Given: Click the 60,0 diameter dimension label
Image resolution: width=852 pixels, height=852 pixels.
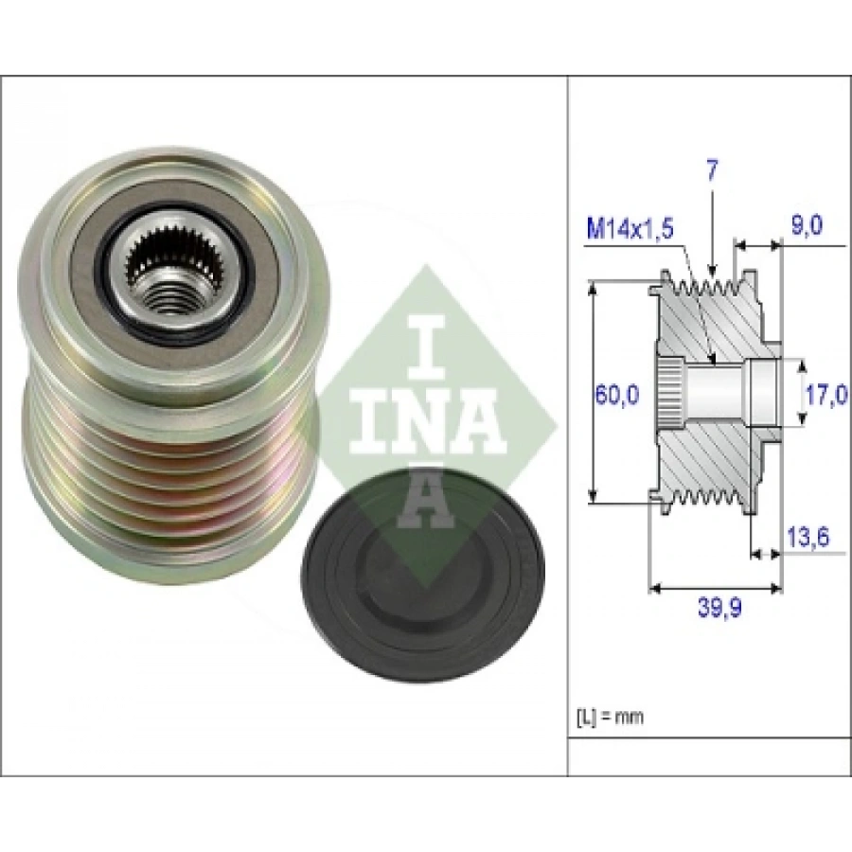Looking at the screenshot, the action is point(616,395).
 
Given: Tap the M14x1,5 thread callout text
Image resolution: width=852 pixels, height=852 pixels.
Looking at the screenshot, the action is point(630,229).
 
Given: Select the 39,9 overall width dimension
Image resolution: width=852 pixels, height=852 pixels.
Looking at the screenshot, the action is point(719,609).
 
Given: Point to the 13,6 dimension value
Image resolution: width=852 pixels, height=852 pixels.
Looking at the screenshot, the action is point(808,538).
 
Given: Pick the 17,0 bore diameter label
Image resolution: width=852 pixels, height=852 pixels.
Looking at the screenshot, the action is point(825,395).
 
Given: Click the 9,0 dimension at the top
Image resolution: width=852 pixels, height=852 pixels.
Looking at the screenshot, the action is point(807,224).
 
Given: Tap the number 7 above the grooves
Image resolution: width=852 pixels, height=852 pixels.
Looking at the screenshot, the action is point(712,170).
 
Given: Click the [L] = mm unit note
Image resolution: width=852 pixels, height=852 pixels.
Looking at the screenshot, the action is point(610,718).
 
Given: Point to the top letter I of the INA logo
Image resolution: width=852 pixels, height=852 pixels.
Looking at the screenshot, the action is point(426,347).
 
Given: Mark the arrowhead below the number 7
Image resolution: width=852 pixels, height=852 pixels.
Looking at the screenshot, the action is point(712,270).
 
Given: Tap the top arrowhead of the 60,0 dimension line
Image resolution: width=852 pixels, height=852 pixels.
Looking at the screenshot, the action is point(594,288).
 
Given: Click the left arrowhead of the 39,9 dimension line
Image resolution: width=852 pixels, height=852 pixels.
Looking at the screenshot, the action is point(656,589).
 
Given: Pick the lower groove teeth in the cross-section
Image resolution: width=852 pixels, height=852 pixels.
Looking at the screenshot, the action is point(706,496).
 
